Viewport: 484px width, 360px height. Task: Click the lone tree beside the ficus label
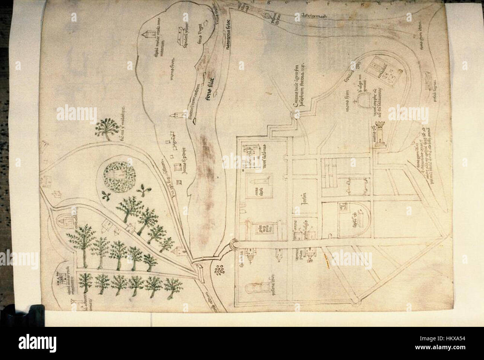106,128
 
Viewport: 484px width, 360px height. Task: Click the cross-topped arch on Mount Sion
362,99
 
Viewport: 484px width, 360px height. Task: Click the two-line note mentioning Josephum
300,85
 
